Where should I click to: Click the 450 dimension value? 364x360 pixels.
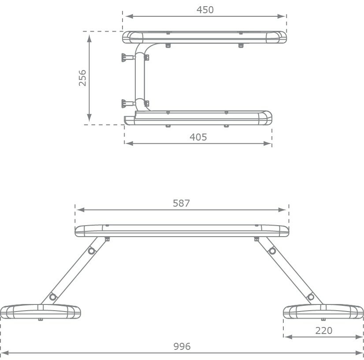[205, 10]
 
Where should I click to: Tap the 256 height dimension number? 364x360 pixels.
[82, 78]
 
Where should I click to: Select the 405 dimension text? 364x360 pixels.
[198, 137]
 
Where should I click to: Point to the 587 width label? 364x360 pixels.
[181, 203]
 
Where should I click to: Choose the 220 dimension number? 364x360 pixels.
[323, 330]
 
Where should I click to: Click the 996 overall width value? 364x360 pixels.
[182, 346]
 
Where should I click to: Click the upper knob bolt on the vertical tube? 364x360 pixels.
[128, 57]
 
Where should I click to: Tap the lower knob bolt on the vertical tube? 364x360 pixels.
[128, 104]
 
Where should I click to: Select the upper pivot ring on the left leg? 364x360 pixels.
[92, 251]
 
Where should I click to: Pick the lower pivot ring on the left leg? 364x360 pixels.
[53, 297]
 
